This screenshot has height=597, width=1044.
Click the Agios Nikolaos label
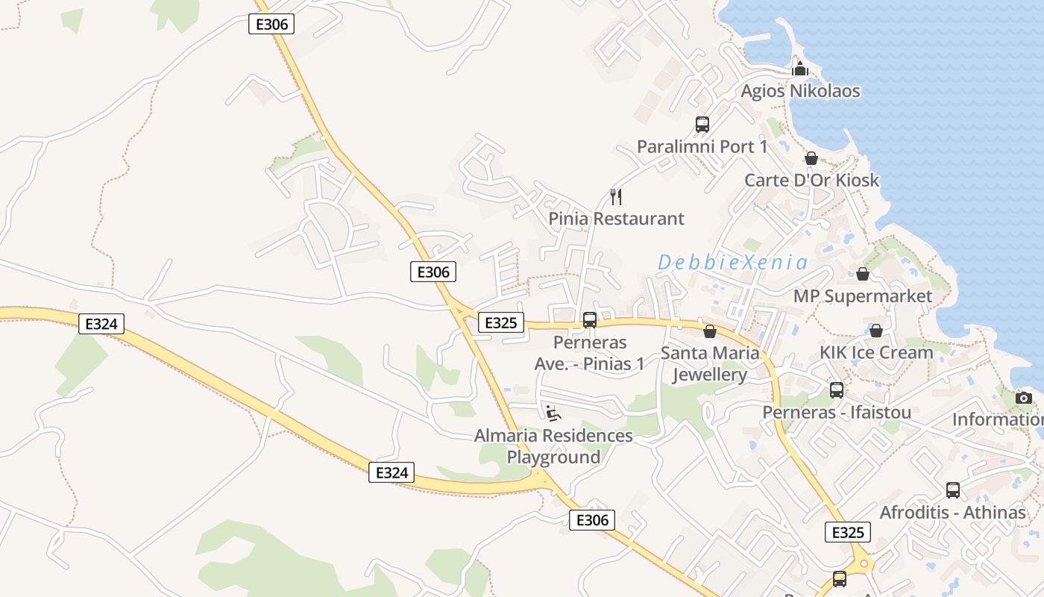pos(800,91)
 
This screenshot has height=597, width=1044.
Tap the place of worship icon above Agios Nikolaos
pos(800,69)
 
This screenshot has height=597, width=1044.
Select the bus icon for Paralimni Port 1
pos(702,125)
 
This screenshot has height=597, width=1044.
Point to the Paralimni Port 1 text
pos(702,146)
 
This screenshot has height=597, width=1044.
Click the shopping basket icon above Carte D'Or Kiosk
pos(811,158)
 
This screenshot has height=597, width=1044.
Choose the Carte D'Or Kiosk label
pos(811,180)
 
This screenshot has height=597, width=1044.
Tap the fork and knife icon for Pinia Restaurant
pos(616,197)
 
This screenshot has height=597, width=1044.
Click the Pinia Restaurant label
pos(616,219)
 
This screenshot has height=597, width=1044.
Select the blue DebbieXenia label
pos(732,262)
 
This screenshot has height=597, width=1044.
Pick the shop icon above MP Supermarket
pos(862,274)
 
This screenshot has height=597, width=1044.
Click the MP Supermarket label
pos(862,296)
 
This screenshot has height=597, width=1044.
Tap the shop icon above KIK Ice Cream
pos(876,330)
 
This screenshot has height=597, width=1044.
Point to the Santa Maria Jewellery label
pos(710,363)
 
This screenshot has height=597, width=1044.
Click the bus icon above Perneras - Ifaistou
pos(837,390)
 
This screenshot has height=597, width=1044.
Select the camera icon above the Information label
pos(1024,398)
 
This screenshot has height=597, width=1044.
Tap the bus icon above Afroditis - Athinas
pos(952,490)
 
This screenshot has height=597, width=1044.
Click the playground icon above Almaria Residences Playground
pos(553,413)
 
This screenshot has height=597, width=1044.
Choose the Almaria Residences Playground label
pos(553,446)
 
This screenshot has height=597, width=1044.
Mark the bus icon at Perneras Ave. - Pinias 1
pos(589,320)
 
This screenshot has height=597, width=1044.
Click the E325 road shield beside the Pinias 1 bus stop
pos(500,323)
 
